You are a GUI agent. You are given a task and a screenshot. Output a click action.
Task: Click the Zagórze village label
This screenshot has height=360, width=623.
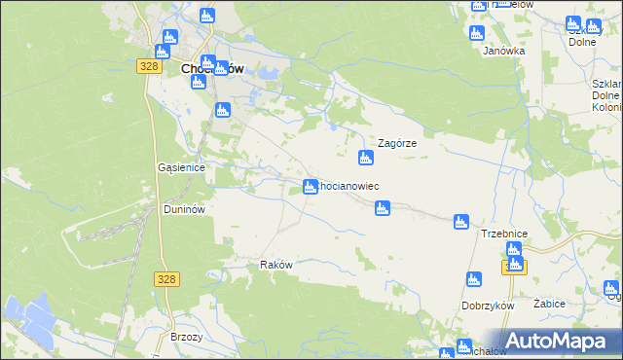click(397, 142)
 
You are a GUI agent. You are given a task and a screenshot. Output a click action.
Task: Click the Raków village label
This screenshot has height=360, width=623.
click(276, 265)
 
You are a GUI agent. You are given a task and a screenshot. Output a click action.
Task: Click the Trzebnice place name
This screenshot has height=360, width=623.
click(504, 234)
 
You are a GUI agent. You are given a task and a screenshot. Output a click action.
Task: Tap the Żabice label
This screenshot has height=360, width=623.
click(550, 304)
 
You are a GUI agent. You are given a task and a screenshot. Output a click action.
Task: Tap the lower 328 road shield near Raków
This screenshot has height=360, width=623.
click(165, 278)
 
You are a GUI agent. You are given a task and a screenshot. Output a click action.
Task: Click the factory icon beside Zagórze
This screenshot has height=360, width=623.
click(366, 157)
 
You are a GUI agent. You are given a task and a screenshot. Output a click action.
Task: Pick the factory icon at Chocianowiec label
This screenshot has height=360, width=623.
click(310, 186)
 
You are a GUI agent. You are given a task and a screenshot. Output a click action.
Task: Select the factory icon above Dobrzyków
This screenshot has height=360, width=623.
click(474, 280)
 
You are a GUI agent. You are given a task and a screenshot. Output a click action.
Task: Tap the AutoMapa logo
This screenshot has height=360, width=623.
click(554, 341)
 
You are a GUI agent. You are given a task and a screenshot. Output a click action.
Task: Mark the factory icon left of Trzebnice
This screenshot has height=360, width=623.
click(461, 223)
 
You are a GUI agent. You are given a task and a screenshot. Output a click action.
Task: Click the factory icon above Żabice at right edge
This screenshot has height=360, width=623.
click(610, 287)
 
